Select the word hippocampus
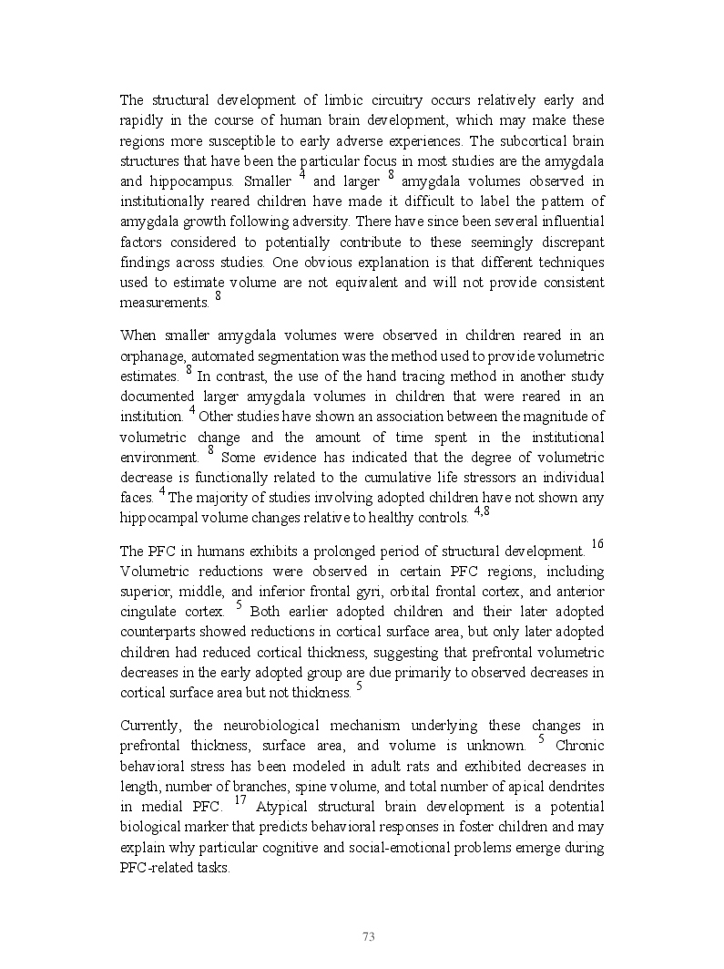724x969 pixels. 191,180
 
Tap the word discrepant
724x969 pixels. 566,242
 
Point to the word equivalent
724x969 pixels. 365,282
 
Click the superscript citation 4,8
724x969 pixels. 482,511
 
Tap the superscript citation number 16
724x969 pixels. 597,544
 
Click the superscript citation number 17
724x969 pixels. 240,799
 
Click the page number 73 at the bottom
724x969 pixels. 369,936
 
